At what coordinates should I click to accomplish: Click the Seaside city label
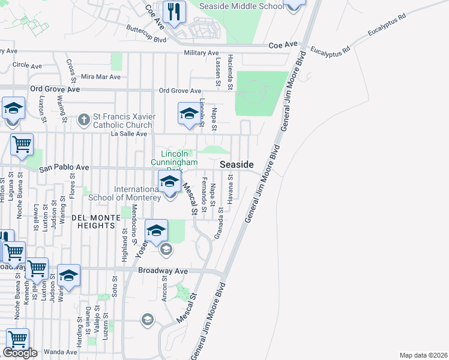click(237, 164)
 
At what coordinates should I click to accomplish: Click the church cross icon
click(84, 120)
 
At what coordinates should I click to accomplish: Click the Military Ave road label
click(201, 53)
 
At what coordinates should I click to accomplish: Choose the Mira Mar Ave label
click(100, 77)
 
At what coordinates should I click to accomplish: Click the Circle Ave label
click(27, 65)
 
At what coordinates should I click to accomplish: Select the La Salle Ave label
click(128, 134)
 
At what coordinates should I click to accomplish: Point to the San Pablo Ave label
click(64, 169)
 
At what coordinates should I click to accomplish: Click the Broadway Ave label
click(163, 271)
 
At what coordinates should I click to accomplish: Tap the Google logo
click(20, 353)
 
